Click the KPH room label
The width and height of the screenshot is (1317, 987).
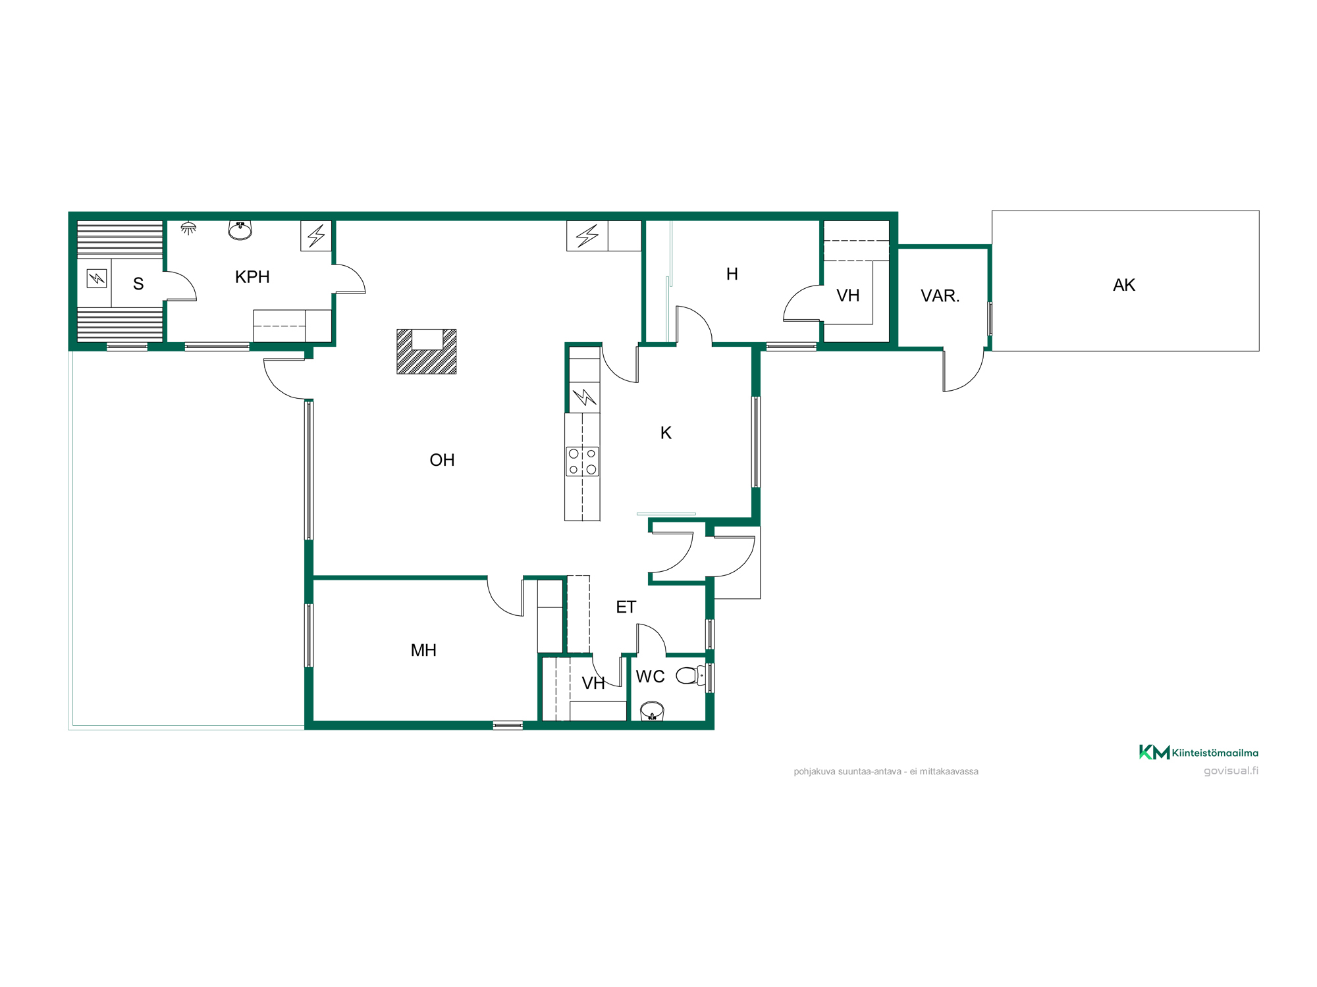pos(252,277)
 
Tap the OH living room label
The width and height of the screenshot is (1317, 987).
pos(442,460)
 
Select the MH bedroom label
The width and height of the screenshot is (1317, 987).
pos(423,650)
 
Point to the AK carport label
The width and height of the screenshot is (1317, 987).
pos(1124,285)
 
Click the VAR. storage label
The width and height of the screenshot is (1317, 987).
pos(940,295)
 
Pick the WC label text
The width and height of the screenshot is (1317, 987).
pos(650,676)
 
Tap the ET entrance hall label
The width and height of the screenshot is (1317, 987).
pos(626,607)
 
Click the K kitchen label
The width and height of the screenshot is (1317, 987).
pos(666,433)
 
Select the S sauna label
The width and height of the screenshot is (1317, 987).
pos(138,284)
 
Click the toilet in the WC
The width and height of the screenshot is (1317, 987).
pos(691,675)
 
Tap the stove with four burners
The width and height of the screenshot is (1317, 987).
pos(583,461)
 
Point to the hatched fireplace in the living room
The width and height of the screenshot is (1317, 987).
pos(427,352)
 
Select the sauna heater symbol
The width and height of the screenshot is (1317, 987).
pos(97,279)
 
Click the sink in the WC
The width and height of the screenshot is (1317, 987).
pos(652,711)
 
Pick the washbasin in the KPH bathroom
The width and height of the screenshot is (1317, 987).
pos(240,230)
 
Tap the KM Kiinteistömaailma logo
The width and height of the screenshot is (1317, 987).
pos(1198,752)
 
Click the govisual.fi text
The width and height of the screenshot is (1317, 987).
pos(1231,771)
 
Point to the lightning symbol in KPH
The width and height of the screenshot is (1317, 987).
pos(316,236)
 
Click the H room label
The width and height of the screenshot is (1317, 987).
pos(732,274)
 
